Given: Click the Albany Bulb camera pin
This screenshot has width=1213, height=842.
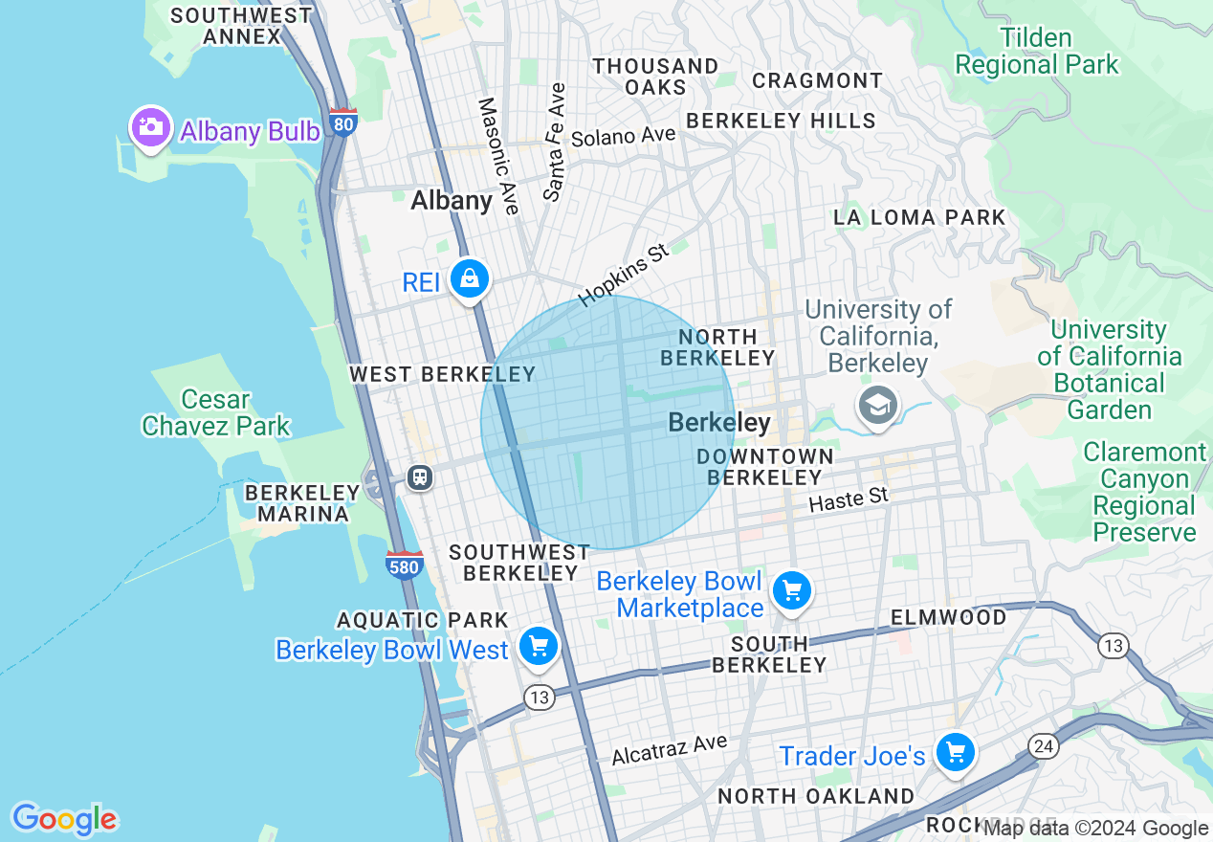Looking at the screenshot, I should point(150,128).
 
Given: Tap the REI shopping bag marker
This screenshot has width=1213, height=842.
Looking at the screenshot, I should point(469,279).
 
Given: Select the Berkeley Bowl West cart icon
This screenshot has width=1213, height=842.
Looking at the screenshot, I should point(538,647).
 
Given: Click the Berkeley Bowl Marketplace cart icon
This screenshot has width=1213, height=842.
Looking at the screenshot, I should point(791,591).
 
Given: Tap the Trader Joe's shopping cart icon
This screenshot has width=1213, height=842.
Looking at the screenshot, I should point(954,753).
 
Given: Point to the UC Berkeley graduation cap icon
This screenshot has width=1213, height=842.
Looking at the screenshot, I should point(877,405).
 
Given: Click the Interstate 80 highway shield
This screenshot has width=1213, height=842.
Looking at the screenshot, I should point(342,122).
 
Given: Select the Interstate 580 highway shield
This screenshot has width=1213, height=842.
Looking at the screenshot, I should point(405,565).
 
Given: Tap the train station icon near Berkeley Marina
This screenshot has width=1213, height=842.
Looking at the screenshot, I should point(419,476).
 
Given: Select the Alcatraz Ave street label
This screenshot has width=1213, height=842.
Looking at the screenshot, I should point(669,749).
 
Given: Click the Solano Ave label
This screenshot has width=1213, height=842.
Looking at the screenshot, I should point(623,136).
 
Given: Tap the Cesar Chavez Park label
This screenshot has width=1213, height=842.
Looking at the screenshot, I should point(215,412).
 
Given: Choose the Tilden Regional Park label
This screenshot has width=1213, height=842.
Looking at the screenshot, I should point(1036,52).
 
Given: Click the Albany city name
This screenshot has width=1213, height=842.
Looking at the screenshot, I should point(452,200).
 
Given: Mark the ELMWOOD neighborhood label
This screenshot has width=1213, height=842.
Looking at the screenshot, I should point(948,617).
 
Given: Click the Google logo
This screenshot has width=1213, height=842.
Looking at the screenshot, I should point(64,819).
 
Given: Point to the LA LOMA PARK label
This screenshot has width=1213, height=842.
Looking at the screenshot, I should point(919,217).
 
